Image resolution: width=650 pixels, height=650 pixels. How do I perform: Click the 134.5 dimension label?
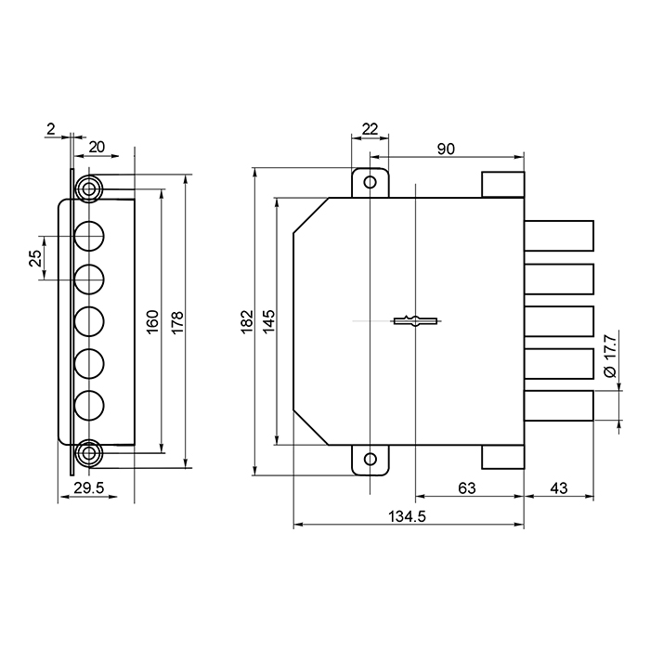click(407, 516)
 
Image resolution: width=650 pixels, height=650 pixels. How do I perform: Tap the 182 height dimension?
click(247, 321)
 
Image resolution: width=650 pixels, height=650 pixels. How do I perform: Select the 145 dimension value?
click(268, 321)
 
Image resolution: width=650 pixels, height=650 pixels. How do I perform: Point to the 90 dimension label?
click(446, 149)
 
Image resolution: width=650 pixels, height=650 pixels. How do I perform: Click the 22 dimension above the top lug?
click(370, 129)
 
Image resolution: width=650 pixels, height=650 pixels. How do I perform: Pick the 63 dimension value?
click(467, 488)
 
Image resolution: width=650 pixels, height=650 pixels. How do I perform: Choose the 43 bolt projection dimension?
click(558, 488)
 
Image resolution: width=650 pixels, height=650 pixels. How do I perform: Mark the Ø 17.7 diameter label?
click(610, 357)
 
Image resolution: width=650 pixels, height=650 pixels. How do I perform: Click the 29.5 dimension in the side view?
click(89, 488)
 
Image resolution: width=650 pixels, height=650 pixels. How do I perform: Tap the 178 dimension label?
click(177, 323)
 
